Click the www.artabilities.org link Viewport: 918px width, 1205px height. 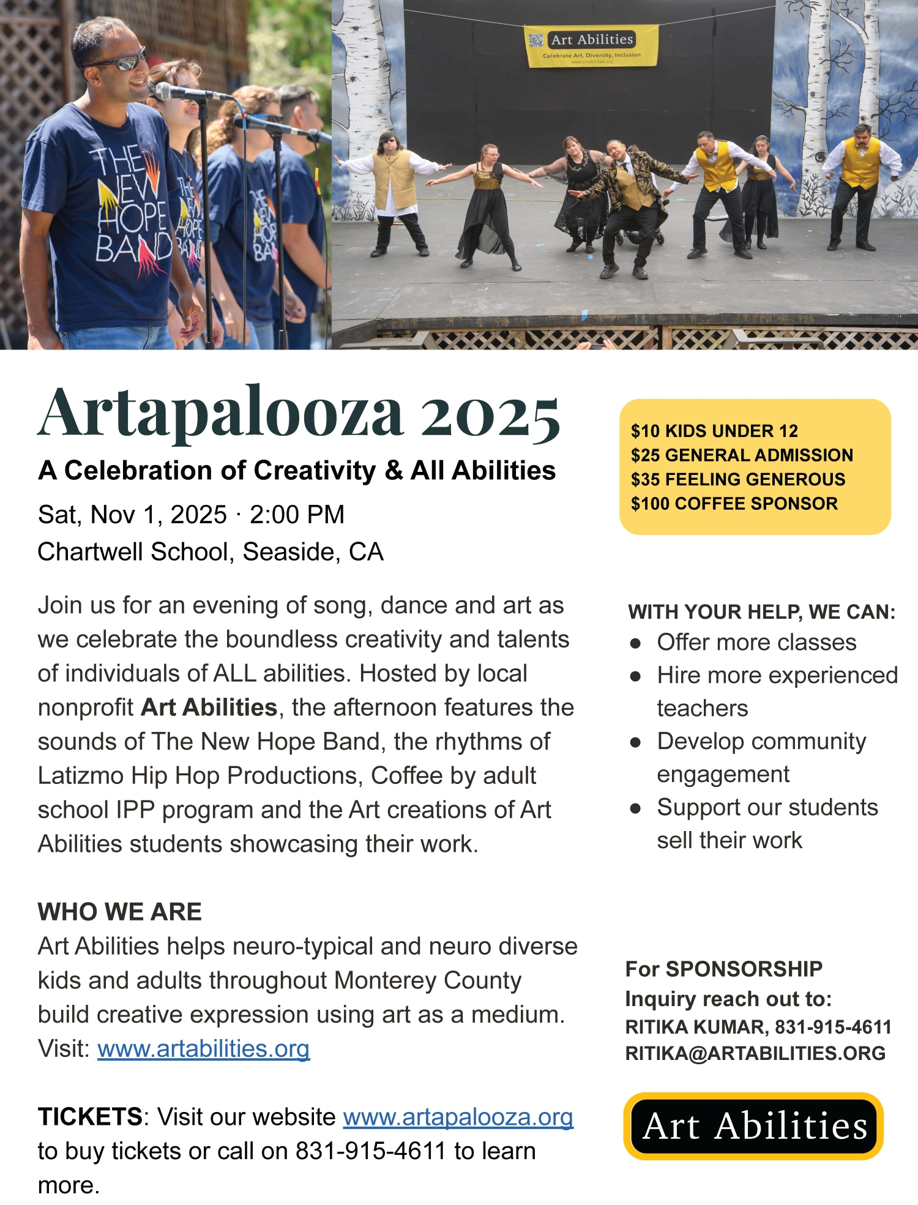pos(203,1049)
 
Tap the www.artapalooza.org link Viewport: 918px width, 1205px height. pos(458,1117)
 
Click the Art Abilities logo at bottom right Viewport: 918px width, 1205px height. pos(754,1127)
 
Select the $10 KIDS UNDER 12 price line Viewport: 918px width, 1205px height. pos(714,431)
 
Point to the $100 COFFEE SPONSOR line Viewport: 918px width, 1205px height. pos(734,504)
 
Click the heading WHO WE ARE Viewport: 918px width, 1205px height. pos(119,912)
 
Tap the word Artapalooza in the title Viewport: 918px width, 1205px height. pos(220,414)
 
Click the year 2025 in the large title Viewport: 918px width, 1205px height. pos(490,416)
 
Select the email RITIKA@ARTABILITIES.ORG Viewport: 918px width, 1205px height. pos(755,1053)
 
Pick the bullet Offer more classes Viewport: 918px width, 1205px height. pos(756,643)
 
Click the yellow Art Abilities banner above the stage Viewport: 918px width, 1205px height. pos(592,46)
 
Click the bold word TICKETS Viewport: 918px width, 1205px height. pos(90,1117)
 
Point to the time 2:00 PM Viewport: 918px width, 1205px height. pos(297,515)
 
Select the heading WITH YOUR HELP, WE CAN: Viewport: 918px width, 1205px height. pos(761,612)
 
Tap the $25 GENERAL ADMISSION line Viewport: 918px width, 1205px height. pos(742,455)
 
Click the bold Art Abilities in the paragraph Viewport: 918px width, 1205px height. pos(209,707)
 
